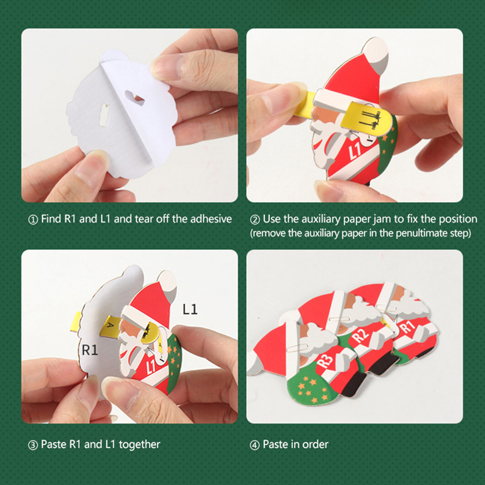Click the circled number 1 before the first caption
[33, 220]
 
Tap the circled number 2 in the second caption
[255, 220]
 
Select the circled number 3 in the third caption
[33, 445]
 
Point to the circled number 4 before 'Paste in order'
[255, 445]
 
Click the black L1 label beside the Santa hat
[190, 309]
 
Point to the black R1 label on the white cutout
[90, 350]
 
